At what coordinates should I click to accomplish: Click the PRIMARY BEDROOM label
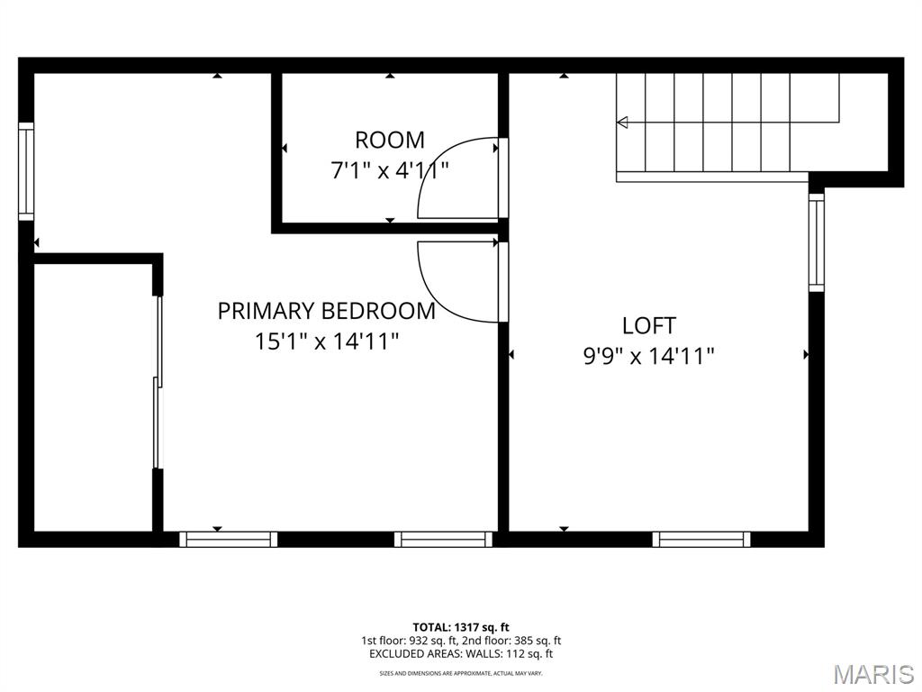(x=326, y=311)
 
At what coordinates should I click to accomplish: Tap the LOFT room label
(x=649, y=325)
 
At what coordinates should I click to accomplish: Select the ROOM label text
(x=389, y=140)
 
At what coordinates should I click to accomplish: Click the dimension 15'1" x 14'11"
(x=327, y=341)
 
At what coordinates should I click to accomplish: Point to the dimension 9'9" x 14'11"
(x=648, y=356)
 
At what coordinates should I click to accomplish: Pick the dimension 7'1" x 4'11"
(x=390, y=170)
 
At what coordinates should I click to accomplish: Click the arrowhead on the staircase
(x=622, y=123)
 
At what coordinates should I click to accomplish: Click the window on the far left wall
(x=26, y=171)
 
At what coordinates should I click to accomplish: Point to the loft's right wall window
(x=817, y=242)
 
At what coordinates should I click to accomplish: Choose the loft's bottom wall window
(x=701, y=539)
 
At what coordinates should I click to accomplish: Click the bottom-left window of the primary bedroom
(x=228, y=539)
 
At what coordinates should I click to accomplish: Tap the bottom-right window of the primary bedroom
(x=443, y=539)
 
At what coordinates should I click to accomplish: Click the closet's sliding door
(x=158, y=382)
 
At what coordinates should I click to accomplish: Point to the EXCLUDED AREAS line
(x=461, y=653)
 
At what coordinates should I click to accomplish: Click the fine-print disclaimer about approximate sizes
(x=461, y=672)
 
